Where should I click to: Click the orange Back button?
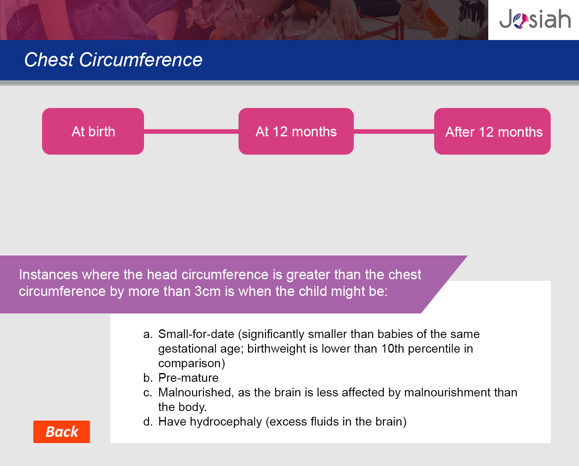(x=62, y=431)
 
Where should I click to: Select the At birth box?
(x=93, y=131)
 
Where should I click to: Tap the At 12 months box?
(x=296, y=131)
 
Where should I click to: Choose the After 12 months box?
(x=492, y=131)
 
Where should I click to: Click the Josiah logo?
(x=535, y=19)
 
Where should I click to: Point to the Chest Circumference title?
(x=113, y=60)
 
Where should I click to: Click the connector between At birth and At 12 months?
(x=191, y=132)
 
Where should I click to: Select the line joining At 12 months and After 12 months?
(x=394, y=132)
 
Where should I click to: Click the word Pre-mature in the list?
(x=188, y=378)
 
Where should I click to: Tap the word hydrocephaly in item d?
(x=226, y=422)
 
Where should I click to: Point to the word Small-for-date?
(x=196, y=334)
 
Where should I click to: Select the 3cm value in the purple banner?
(x=207, y=291)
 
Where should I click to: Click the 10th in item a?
(x=393, y=348)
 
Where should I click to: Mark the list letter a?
(x=148, y=334)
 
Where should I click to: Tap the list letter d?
(x=148, y=421)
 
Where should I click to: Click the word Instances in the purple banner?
(x=48, y=275)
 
